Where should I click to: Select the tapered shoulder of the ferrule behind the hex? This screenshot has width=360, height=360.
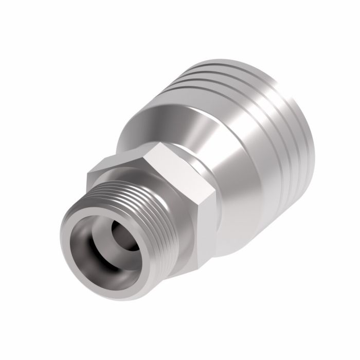(154, 108)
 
